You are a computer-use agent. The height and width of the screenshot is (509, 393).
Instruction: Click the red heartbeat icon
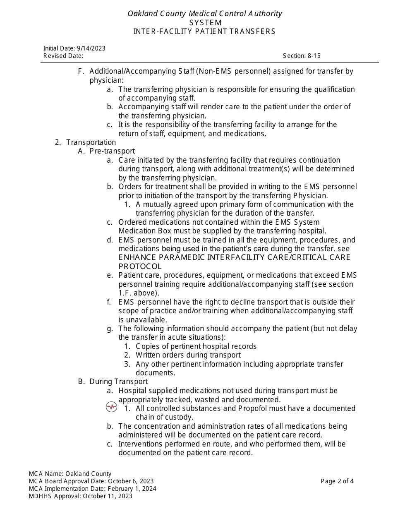coord(111,407)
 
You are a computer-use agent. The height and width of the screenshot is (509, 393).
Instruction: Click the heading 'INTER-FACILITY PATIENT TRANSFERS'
coord(204,31)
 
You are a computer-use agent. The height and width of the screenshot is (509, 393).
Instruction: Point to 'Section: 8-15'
coord(302,56)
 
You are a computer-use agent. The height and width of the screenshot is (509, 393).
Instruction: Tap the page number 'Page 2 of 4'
coord(337,481)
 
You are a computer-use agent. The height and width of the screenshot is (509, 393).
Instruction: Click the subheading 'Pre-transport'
coord(112,151)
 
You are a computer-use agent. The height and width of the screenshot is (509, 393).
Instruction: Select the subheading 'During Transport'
coord(118,382)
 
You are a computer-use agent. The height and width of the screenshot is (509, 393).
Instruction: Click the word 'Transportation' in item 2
coord(91,142)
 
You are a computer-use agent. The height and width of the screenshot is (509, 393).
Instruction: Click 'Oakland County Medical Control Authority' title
coord(205,14)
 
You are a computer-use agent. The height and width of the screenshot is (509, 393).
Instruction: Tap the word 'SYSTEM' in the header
coord(206,23)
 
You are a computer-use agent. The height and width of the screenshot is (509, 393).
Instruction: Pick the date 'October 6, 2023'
coord(131,481)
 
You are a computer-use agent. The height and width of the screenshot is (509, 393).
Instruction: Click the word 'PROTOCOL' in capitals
coord(140,267)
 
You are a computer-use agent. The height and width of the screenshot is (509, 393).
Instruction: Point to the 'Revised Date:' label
coord(63,56)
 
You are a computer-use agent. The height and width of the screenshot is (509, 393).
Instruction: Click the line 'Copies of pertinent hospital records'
coord(196,346)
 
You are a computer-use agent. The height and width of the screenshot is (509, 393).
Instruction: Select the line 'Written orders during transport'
coord(188,355)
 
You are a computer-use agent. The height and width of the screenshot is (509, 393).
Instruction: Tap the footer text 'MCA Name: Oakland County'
coord(70,473)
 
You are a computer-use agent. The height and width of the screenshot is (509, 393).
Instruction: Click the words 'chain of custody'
coord(164,417)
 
